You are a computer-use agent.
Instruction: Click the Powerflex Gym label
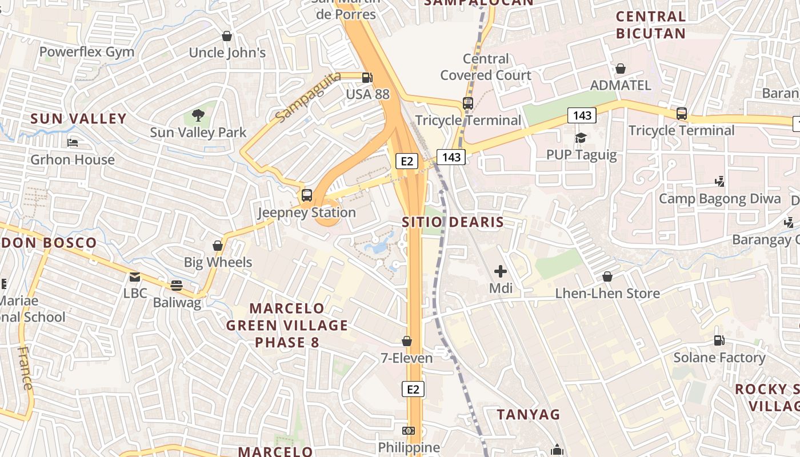click(x=87, y=52)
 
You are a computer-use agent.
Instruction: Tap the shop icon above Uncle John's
click(x=227, y=37)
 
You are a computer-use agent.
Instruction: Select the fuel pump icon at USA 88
click(x=367, y=78)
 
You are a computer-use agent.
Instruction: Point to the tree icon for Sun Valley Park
click(x=198, y=116)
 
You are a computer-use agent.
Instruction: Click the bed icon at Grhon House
click(x=73, y=143)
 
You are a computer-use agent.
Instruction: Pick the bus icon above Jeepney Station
click(x=307, y=195)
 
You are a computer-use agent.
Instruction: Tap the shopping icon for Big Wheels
click(x=218, y=246)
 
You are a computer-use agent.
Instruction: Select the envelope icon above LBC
click(x=135, y=277)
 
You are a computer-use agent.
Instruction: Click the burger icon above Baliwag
click(x=177, y=286)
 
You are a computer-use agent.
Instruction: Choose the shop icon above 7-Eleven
click(x=407, y=341)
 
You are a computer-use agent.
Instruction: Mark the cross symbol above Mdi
click(x=501, y=271)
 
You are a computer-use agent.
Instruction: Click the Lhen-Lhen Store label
click(x=607, y=294)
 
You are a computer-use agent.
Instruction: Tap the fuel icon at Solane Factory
click(x=719, y=340)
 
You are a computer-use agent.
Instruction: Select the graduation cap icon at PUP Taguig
click(x=581, y=138)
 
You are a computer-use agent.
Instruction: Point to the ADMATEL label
click(x=620, y=86)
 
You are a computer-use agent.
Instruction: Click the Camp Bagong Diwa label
click(x=719, y=199)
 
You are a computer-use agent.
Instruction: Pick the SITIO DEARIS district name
click(x=453, y=222)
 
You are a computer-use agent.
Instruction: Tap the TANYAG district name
click(x=529, y=414)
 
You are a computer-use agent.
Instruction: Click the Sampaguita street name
click(x=307, y=96)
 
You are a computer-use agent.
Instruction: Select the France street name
click(x=26, y=368)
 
